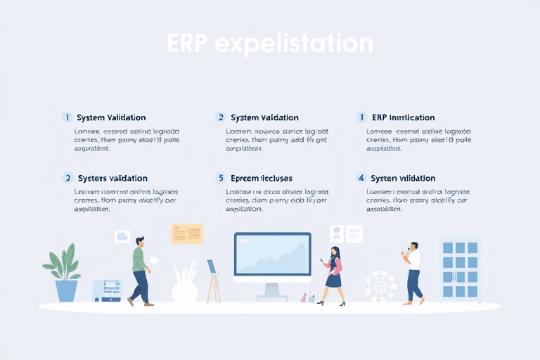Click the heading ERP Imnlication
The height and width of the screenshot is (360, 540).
[403, 117]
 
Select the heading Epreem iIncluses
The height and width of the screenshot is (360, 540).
[261, 179]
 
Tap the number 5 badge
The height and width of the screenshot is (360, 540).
[220, 179]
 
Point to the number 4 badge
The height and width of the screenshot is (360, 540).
[361, 179]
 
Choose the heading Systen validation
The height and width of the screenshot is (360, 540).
[403, 179]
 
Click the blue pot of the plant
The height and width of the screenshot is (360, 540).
[66, 290]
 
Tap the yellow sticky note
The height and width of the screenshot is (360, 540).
[186, 234]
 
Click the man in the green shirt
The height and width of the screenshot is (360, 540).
[140, 270]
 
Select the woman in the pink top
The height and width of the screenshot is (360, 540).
[333, 274]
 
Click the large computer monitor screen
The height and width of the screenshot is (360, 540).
[272, 254]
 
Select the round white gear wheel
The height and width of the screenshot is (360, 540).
[380, 286]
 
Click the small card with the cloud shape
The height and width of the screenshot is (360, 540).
[122, 237]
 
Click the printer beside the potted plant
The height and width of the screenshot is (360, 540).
[107, 290]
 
